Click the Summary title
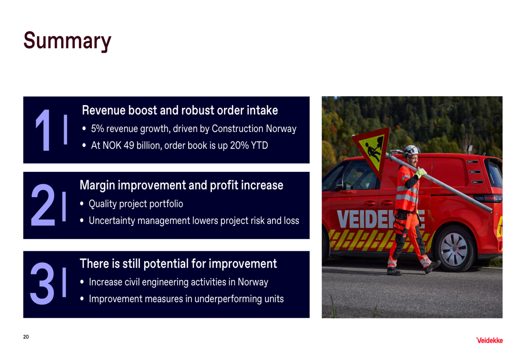pyautogui.click(x=67, y=41)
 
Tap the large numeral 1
pyautogui.click(x=43, y=130)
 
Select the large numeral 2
pyautogui.click(x=43, y=205)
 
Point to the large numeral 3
pyautogui.click(x=42, y=283)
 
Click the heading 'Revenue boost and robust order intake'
pyautogui.click(x=180, y=110)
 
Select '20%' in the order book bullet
pyautogui.click(x=239, y=146)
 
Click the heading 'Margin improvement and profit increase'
pyautogui.click(x=181, y=186)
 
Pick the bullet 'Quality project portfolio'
pyautogui.click(x=136, y=204)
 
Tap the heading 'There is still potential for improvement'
pyautogui.click(x=178, y=264)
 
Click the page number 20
pyautogui.click(x=26, y=337)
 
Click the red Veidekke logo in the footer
pyautogui.click(x=489, y=341)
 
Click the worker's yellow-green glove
pyautogui.click(x=420, y=173)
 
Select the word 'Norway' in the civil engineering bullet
pyautogui.click(x=253, y=282)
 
